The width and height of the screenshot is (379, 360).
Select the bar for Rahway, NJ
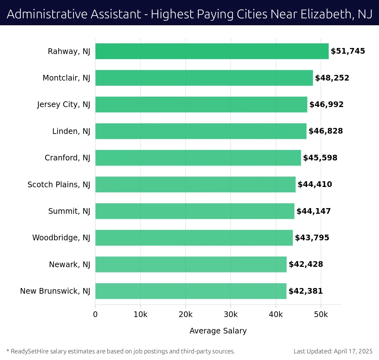point(212,51)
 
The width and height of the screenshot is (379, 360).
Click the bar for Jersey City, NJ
point(201,105)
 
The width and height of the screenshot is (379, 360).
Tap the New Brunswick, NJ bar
point(191,291)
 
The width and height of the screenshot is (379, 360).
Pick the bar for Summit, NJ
point(195,211)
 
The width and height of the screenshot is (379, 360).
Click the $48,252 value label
point(332,78)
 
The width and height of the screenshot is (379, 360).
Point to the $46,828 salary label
point(326,131)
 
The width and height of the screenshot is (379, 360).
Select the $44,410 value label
point(315,184)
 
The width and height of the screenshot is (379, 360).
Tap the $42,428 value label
point(306,264)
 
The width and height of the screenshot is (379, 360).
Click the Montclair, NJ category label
point(66,78)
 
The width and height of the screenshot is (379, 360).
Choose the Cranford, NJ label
point(67,158)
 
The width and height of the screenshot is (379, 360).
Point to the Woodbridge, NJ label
point(61,238)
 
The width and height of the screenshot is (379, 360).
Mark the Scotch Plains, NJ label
point(59,184)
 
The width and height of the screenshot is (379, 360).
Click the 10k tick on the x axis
point(141,315)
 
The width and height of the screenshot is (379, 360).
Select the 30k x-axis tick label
point(231,315)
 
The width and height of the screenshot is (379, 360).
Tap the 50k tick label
point(321,315)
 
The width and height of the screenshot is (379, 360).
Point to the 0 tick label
point(95,315)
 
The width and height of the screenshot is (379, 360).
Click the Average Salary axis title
point(218,331)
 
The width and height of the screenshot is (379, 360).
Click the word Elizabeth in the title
point(326,14)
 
